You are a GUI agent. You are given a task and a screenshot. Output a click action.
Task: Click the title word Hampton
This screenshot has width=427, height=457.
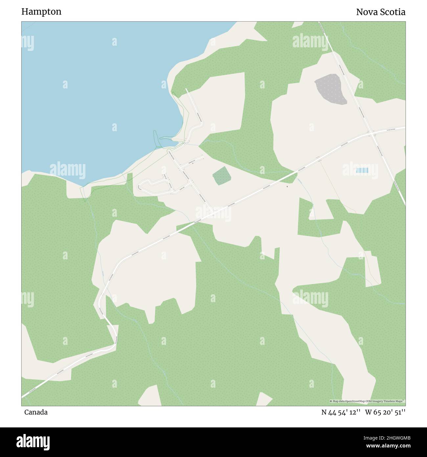click(41, 12)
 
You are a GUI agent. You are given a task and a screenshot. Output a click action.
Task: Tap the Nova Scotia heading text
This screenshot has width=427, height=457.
click(381, 12)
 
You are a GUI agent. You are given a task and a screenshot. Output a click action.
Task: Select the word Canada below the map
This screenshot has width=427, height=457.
click(36, 412)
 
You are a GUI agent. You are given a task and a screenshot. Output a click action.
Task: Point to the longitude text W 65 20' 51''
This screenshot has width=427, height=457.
click(385, 412)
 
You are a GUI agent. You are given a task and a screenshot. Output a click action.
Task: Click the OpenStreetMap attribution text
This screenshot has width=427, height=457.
click(367, 401)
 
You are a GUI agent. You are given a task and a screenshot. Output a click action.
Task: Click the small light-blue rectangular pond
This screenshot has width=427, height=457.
click(362, 170)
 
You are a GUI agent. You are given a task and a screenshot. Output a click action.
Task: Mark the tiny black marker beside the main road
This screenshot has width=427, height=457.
click(287, 187)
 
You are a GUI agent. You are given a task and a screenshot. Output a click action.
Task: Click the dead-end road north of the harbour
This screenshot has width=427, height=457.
click(194, 105)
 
